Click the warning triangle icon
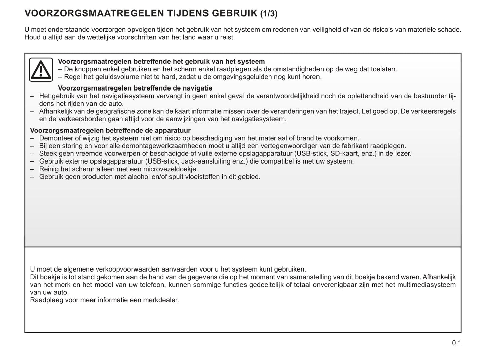(x=41, y=70)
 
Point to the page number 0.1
(x=456, y=343)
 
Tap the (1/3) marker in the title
(x=269, y=14)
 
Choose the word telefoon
(x=150, y=285)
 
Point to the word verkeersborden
(x=70, y=119)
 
